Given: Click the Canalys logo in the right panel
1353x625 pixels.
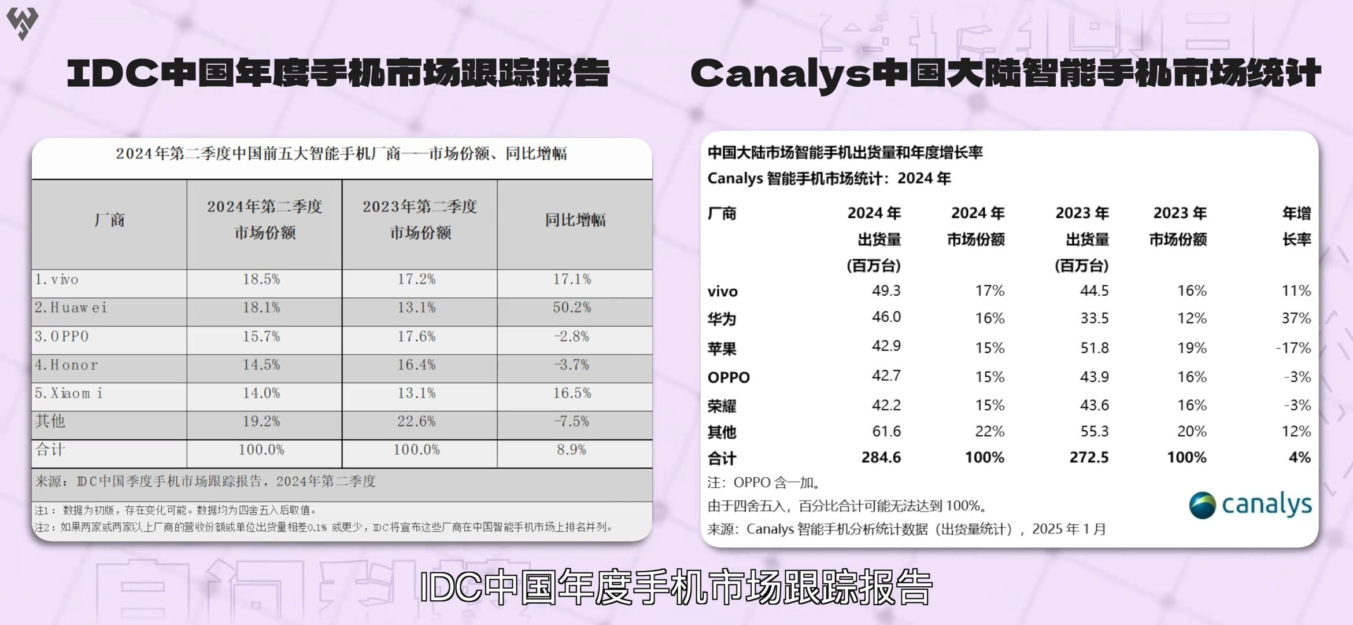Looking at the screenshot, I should pos(1250,505).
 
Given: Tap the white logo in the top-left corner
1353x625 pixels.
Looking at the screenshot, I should pos(22,23).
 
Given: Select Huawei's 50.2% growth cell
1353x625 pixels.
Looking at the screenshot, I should pos(571,307).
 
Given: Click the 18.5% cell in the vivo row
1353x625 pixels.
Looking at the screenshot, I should pos(261,279).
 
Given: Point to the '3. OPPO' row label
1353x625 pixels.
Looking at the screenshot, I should pos(62,336).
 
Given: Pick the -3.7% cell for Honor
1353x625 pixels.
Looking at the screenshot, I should pos(571,365).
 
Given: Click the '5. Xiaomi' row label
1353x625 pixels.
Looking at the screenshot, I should pos(69,394).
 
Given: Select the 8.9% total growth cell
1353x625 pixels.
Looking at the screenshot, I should pos(571,450).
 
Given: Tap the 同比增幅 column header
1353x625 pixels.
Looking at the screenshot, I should pos(575,220).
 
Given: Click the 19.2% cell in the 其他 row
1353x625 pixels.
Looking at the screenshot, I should pos(261,421).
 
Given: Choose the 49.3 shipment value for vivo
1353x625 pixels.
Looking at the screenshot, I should pos(886,291).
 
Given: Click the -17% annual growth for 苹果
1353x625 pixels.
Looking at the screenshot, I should pos(1293,348).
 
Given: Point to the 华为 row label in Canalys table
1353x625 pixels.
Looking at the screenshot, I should pos(722,319).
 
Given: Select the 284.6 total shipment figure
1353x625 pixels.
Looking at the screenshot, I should pos(881,458).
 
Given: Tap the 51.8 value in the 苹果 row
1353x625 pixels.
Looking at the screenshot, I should pos(1094,348).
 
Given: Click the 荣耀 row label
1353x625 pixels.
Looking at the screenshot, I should pos(722,406).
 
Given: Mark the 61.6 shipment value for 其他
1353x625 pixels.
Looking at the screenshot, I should pos(886,431).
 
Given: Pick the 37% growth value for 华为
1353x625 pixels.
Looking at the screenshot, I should pos(1296,318).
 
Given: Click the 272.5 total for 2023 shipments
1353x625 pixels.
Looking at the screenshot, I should pos(1089,458).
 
